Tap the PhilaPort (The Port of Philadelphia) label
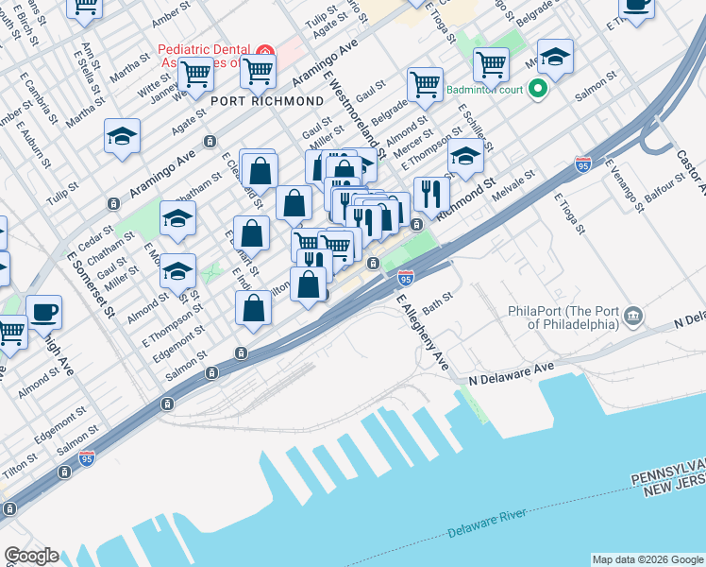[x=562, y=318]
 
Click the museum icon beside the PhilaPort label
[x=633, y=315]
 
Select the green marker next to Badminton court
[x=538, y=91]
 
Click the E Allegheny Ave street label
[x=422, y=331]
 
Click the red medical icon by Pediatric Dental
[x=264, y=50]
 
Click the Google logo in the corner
[x=30, y=556]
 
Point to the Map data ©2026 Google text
[x=646, y=558]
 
